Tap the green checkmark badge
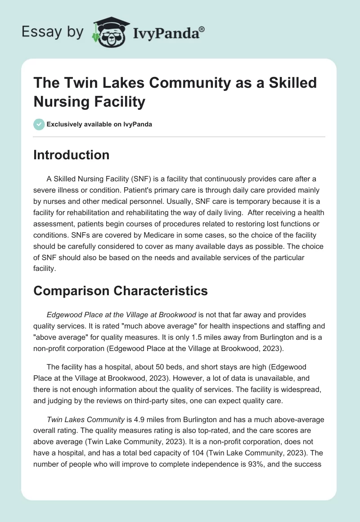click(x=39, y=124)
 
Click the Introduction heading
click(x=72, y=155)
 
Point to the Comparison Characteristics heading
click(x=121, y=291)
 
